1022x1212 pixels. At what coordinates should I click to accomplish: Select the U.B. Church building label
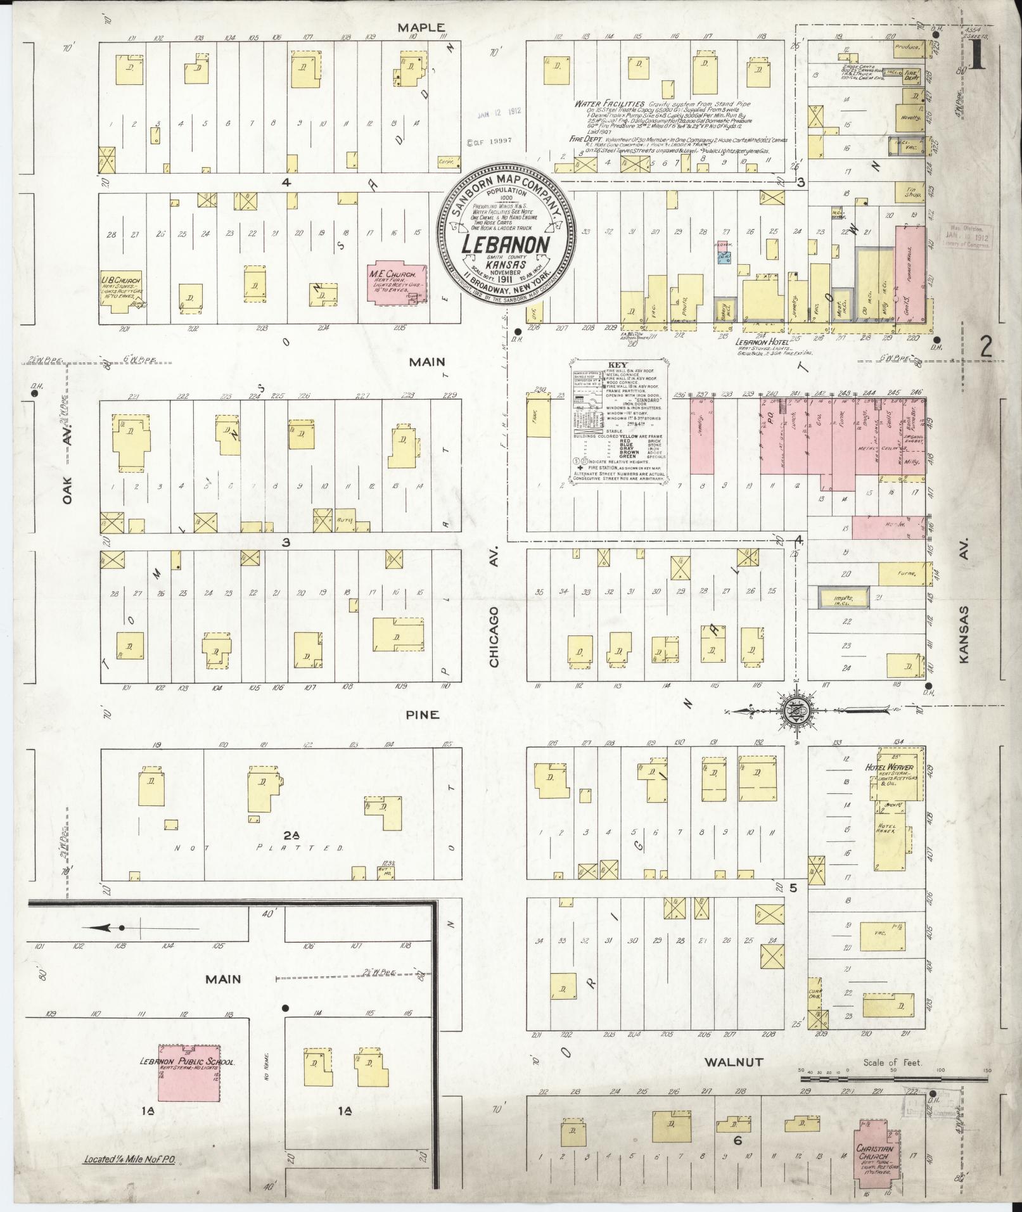coord(120,279)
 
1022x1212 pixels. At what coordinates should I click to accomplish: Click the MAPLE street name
coord(421,27)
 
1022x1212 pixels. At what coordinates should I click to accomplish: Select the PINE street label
coord(423,715)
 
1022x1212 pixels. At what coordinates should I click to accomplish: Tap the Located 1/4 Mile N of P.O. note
coord(129,1161)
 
